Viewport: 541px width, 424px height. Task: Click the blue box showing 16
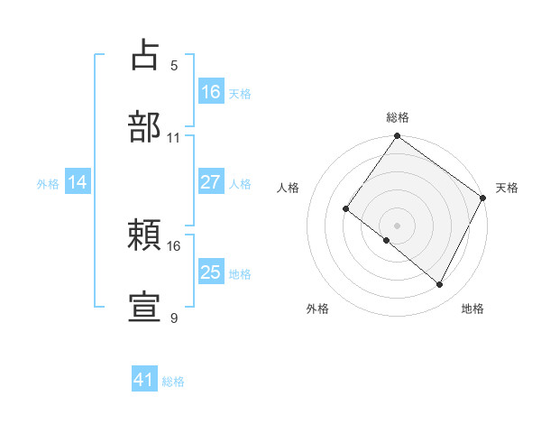pyautogui.click(x=211, y=91)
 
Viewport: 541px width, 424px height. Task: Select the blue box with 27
pyautogui.click(x=211, y=182)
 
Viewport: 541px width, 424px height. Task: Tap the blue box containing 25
pyautogui.click(x=211, y=272)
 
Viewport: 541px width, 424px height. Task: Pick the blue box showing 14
pyautogui.click(x=78, y=182)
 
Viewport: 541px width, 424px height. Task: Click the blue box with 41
pyautogui.click(x=144, y=380)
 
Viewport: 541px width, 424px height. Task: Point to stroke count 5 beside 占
pyautogui.click(x=174, y=66)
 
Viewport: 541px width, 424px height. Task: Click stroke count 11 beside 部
pyautogui.click(x=174, y=138)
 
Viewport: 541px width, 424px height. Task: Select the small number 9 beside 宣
pyautogui.click(x=174, y=318)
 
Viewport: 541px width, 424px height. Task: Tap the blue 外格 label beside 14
pyautogui.click(x=48, y=184)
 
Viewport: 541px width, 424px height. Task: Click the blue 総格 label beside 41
pyautogui.click(x=173, y=382)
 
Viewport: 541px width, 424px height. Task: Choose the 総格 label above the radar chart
pyautogui.click(x=397, y=118)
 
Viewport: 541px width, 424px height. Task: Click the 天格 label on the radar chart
pyautogui.click(x=507, y=188)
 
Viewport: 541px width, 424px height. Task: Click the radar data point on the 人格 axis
pyautogui.click(x=345, y=209)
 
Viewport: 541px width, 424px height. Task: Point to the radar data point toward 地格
pyautogui.click(x=440, y=285)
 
